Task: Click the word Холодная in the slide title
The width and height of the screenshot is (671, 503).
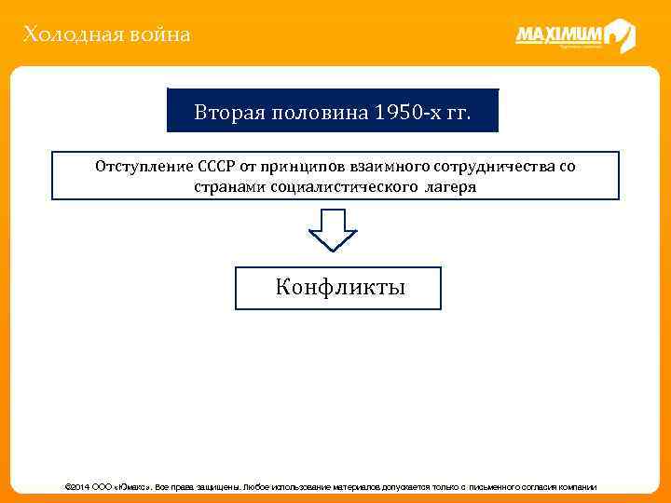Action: click(x=63, y=35)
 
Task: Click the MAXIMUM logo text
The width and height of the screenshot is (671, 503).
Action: click(x=559, y=35)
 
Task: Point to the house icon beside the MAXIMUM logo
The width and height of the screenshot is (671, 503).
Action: click(x=619, y=35)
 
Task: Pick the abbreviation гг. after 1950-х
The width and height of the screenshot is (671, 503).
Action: click(x=458, y=114)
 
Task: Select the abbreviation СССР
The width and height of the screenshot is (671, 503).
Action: click(x=217, y=167)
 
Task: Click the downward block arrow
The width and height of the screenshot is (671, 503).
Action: click(x=333, y=229)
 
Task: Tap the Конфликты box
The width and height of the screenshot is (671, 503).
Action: click(x=339, y=288)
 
